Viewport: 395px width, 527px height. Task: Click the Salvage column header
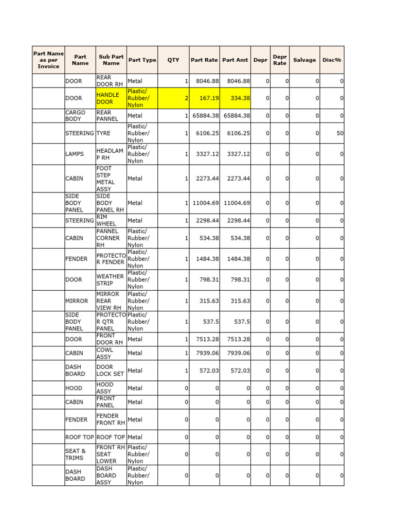(x=304, y=60)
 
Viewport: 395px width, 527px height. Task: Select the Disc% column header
(x=332, y=60)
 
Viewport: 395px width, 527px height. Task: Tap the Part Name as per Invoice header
(x=48, y=60)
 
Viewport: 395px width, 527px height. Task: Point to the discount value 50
(x=339, y=133)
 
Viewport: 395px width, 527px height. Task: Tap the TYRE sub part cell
(x=103, y=133)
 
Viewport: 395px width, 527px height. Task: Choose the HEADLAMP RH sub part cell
(x=110, y=154)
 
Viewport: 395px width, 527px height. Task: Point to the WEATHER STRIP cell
(x=110, y=280)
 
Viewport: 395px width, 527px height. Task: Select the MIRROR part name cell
(x=77, y=301)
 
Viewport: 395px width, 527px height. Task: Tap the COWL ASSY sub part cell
(x=105, y=353)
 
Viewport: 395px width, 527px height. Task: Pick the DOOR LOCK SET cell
(x=110, y=371)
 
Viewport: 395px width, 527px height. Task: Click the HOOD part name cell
(x=74, y=388)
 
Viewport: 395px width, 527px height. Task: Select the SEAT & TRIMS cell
(x=76, y=454)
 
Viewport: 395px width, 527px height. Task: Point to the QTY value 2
(x=186, y=98)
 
